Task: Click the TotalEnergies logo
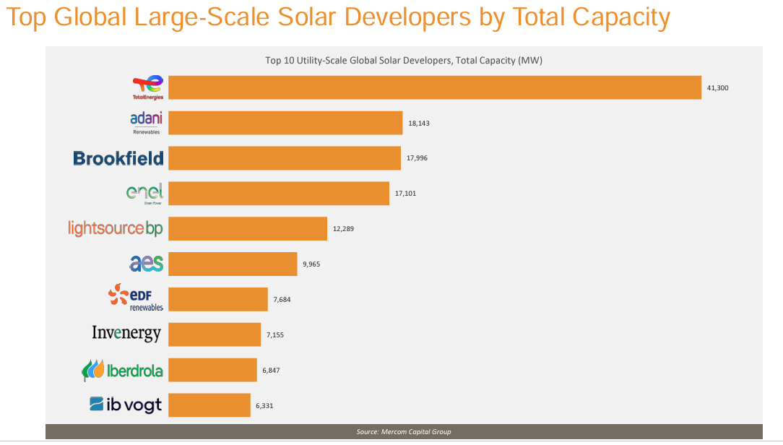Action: [x=148, y=87]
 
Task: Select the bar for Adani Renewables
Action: [x=285, y=123]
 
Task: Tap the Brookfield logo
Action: [x=118, y=158]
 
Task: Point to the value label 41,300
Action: [x=717, y=87]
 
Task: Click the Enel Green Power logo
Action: [x=144, y=194]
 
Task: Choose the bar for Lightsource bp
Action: [x=248, y=228]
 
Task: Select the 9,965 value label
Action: [x=311, y=264]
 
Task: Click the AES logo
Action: [x=147, y=264]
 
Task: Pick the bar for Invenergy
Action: [x=215, y=334]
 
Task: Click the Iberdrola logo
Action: [x=122, y=371]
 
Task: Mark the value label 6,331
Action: [x=264, y=406]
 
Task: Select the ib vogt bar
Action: [x=209, y=405]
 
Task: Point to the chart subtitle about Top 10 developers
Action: [x=404, y=61]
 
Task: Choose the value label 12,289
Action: [x=342, y=228]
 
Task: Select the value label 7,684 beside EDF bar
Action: [x=282, y=299]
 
